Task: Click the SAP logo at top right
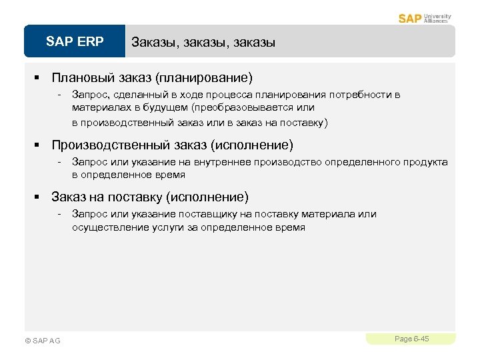click(x=409, y=18)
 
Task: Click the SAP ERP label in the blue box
click(x=75, y=42)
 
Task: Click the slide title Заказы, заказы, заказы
click(x=203, y=43)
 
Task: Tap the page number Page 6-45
click(x=411, y=339)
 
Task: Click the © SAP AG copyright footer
click(x=42, y=341)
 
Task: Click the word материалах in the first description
click(x=100, y=107)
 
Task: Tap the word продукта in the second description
click(x=427, y=162)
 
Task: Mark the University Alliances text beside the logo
click(x=437, y=18)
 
